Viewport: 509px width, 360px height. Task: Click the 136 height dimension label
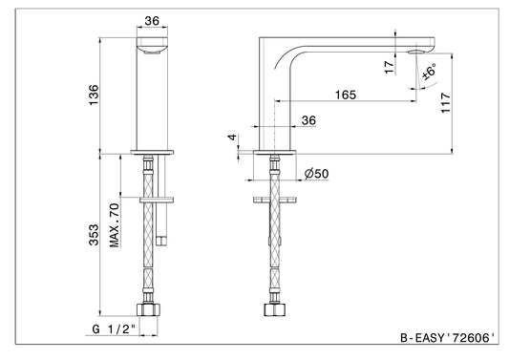click(94, 95)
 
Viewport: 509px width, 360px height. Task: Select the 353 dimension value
click(94, 234)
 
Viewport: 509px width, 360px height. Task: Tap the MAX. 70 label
click(115, 225)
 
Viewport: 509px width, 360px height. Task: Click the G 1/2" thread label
click(114, 329)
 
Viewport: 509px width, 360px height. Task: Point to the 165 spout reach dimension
click(346, 95)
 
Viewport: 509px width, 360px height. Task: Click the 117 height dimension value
click(446, 103)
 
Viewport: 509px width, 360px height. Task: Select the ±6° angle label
click(429, 72)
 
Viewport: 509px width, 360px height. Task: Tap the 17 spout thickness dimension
click(389, 67)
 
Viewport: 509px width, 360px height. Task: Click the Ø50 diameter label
click(316, 174)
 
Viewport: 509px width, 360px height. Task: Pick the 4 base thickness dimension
click(232, 137)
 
